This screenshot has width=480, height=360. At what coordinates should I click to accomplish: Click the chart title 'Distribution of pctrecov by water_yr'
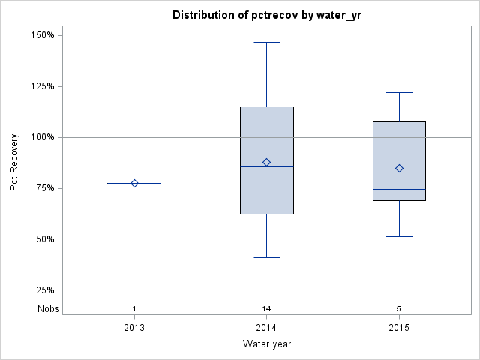point(266,15)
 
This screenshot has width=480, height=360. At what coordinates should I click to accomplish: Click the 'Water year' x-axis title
point(266,344)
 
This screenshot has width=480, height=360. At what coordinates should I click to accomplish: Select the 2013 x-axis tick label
point(134,328)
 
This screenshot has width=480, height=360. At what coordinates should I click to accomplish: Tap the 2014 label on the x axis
point(266,328)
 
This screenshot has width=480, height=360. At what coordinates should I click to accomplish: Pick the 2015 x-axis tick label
point(399,328)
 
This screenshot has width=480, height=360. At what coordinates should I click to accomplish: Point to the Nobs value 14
point(266,309)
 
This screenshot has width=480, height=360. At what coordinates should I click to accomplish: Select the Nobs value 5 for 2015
point(399,309)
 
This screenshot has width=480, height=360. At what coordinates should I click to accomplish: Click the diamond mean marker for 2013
point(134,183)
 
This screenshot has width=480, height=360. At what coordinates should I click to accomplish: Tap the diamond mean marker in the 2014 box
point(266,162)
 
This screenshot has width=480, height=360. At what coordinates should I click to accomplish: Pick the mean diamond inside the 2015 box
point(399,168)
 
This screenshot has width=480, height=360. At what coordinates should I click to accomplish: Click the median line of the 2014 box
point(255,166)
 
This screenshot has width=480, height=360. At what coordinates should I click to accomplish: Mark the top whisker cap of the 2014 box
point(266,42)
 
